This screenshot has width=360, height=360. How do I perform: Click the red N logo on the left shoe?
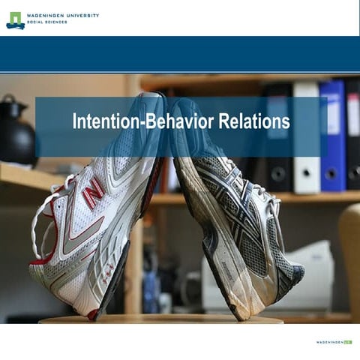(x=94, y=192)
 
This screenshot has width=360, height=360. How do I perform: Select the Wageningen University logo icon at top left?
(x=15, y=19)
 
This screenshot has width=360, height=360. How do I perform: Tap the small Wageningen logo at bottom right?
(x=334, y=341)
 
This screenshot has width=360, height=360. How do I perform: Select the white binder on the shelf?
(x=306, y=135)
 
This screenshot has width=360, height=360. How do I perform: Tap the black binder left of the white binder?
(x=278, y=135)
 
